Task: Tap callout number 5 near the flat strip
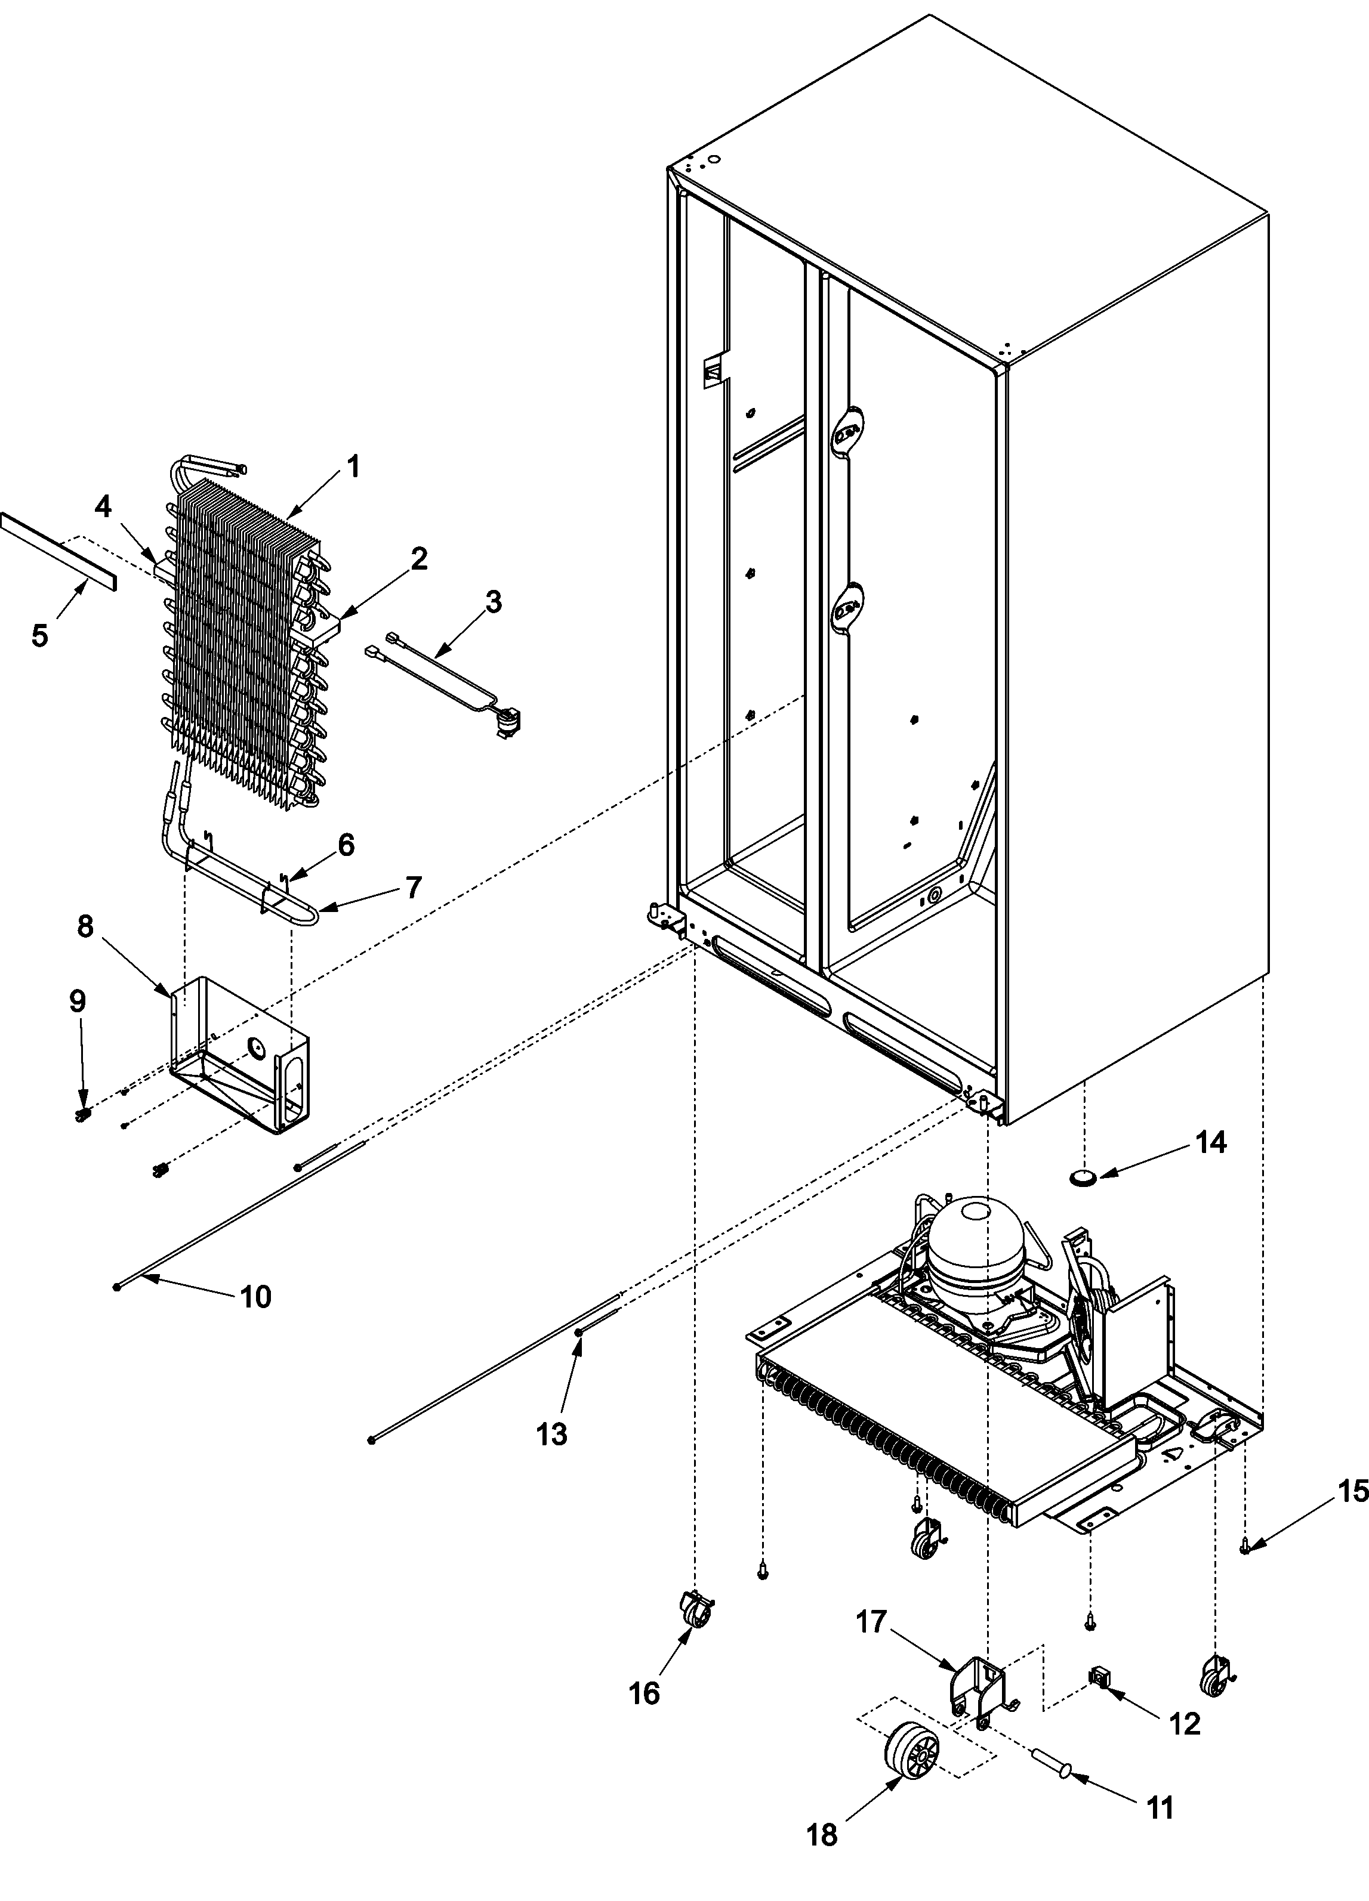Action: coord(39,635)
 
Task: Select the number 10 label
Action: coord(255,1297)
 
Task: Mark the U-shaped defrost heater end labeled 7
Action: coord(310,914)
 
